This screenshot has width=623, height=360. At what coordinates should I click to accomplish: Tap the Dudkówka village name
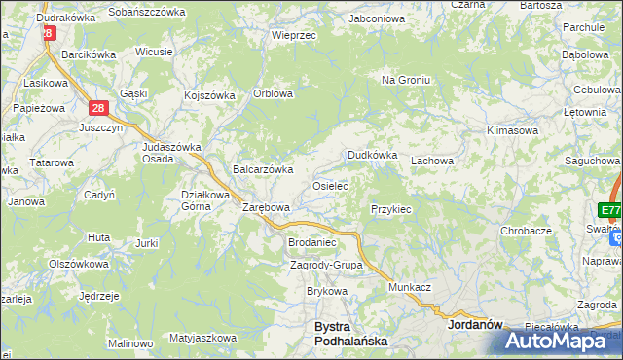click(x=373, y=155)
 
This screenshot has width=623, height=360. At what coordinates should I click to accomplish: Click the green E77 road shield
click(x=610, y=210)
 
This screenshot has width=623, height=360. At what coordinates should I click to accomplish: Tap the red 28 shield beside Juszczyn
click(x=97, y=110)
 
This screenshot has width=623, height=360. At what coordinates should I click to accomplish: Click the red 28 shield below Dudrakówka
click(x=47, y=32)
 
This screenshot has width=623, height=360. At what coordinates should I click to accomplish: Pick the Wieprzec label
click(x=294, y=34)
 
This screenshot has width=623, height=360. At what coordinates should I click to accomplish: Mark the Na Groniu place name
click(x=406, y=80)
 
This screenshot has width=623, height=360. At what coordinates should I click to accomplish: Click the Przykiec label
click(x=391, y=209)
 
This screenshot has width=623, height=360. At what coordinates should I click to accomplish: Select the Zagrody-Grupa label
click(x=326, y=265)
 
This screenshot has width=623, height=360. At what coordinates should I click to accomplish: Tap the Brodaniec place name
click(x=311, y=242)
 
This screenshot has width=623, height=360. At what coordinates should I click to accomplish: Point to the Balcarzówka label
click(x=263, y=169)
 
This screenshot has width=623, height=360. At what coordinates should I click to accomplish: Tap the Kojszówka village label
click(x=210, y=95)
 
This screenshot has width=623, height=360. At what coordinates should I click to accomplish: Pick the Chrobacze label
click(x=527, y=231)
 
